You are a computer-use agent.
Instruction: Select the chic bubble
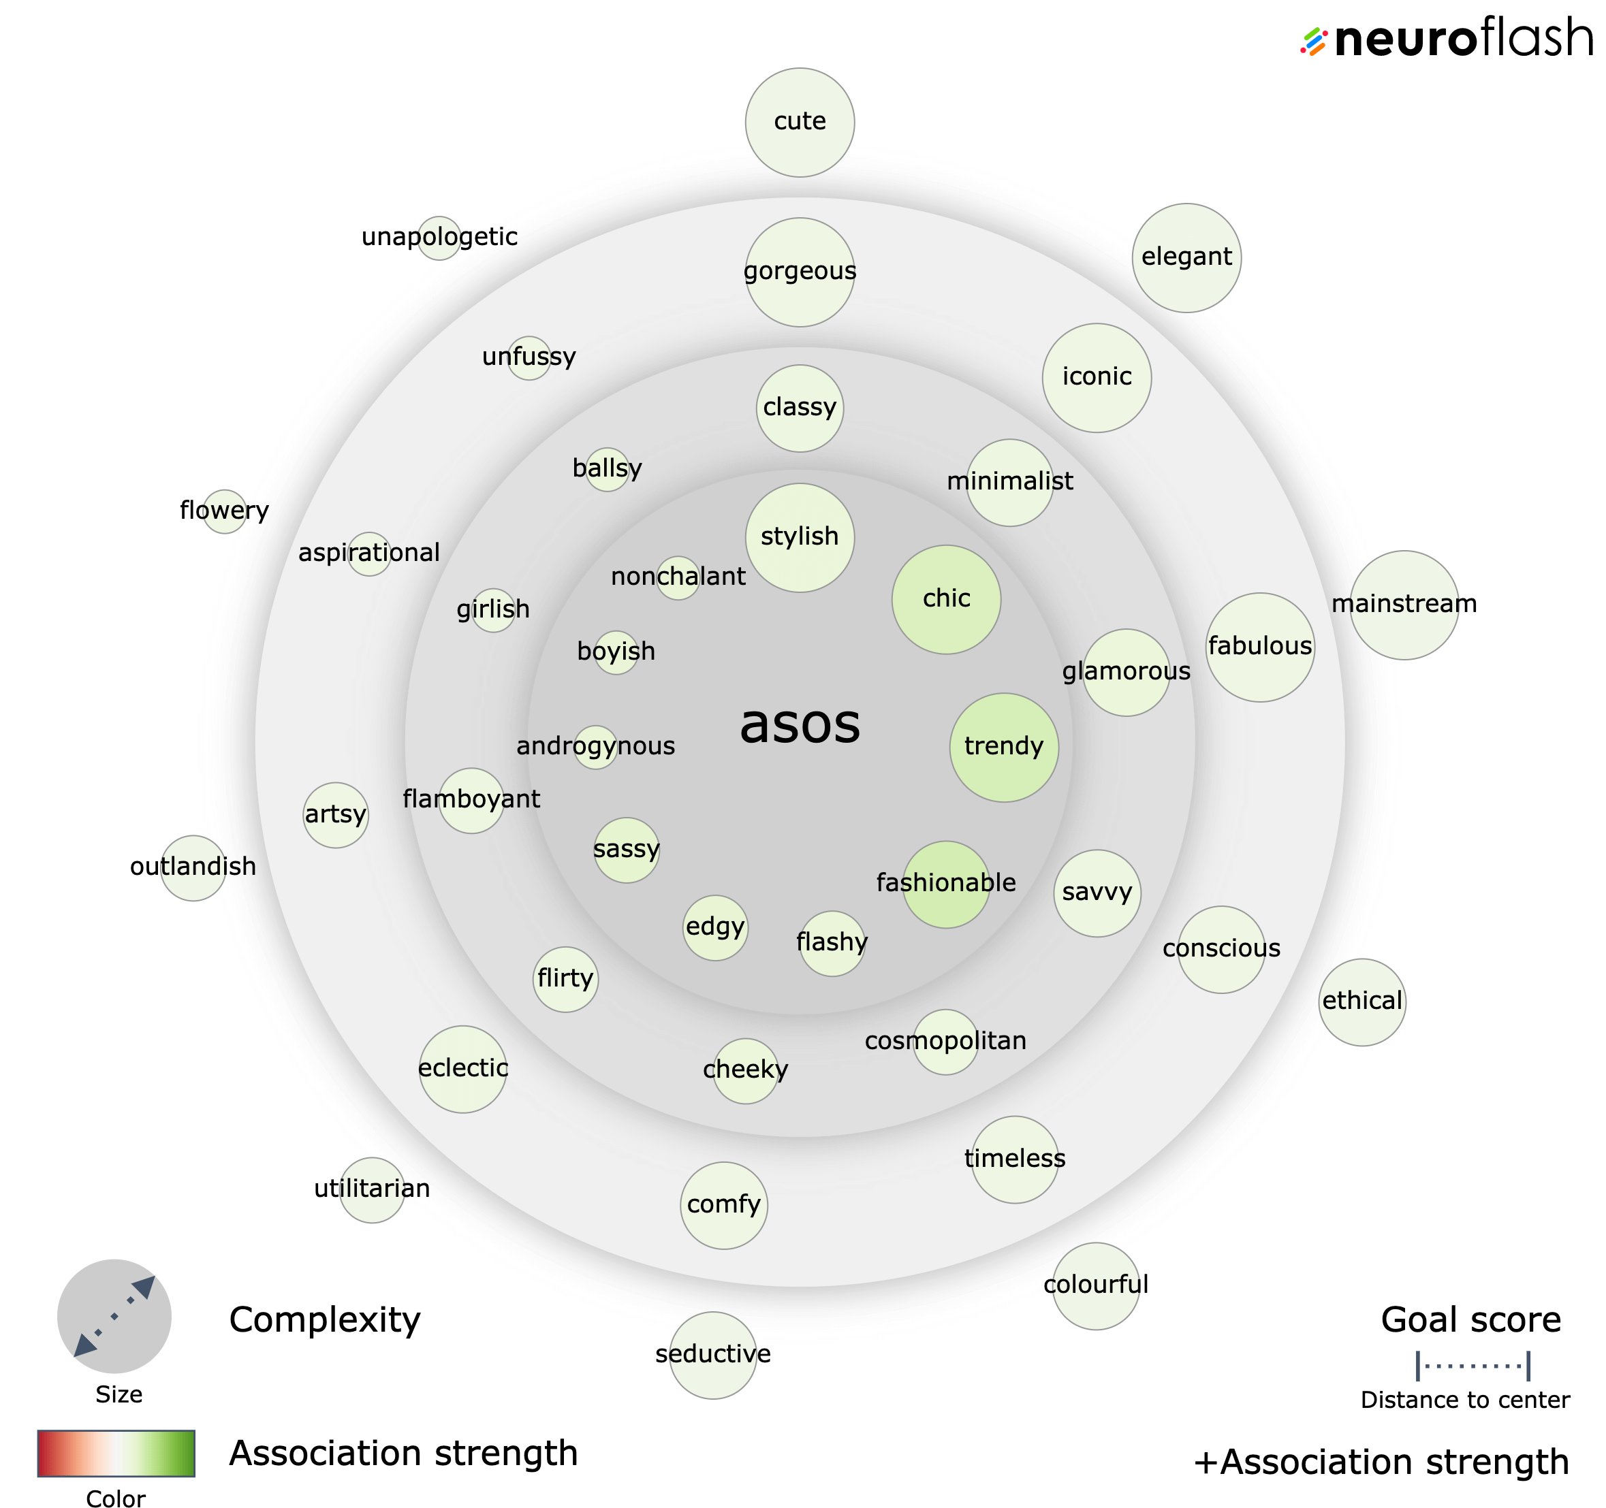tap(946, 599)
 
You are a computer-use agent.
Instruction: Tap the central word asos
tap(800, 724)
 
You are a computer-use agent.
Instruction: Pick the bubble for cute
tap(800, 122)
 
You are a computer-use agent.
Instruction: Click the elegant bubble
tap(1186, 257)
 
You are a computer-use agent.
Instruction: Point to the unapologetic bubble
tap(439, 238)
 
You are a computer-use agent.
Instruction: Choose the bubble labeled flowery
tap(225, 511)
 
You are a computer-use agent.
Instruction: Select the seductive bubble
tap(713, 1355)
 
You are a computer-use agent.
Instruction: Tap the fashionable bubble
tap(946, 884)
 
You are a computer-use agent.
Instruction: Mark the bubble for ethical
tap(1362, 1001)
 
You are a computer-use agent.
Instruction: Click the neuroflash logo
tap(1447, 37)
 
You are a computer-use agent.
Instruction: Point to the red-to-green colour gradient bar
tap(116, 1453)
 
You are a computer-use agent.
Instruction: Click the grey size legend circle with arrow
tap(114, 1316)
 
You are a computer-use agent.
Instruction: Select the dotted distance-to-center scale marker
tap(1473, 1366)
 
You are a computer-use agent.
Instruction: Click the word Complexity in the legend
tap(325, 1320)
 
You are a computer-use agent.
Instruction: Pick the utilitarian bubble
tap(372, 1190)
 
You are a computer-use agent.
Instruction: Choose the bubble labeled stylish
tap(800, 537)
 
